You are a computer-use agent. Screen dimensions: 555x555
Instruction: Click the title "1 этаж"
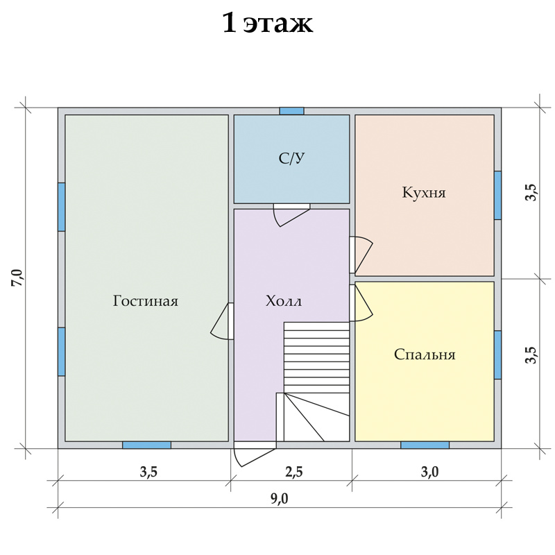coord(268,24)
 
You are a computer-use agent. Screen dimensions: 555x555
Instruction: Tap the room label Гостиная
coord(146,301)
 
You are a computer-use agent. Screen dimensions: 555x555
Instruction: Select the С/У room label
coord(291,158)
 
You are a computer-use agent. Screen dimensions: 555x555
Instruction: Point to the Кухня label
coord(424,193)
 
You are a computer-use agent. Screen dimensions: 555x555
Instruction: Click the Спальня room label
coord(425,355)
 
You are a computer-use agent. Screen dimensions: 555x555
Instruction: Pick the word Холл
coord(284,301)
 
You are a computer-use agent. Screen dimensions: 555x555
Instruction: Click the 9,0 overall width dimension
coord(280,498)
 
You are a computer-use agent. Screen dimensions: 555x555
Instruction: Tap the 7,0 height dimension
coord(18,278)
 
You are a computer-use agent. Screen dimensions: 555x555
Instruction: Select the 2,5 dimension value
coord(294,472)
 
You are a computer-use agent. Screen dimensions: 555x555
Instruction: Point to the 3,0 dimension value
coord(429,472)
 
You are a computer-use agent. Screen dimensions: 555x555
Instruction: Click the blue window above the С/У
coord(291,111)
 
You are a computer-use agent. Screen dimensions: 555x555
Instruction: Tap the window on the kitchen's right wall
coord(497,195)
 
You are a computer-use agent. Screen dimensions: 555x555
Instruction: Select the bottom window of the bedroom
coord(425,445)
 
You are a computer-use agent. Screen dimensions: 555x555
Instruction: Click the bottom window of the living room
coord(146,445)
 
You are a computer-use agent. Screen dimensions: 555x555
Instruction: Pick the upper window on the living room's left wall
coord(62,207)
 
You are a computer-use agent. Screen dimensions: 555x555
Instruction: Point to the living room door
coord(220,322)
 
